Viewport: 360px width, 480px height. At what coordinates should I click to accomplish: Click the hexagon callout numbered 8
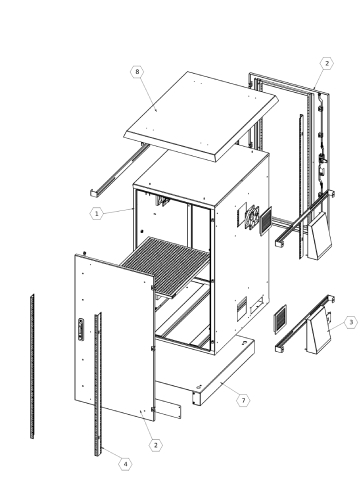137,72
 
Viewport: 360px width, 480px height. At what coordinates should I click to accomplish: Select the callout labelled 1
97,213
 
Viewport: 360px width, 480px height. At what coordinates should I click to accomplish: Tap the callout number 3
351,322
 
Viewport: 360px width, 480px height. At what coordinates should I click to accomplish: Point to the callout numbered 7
243,400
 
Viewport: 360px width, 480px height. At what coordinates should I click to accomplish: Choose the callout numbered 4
125,464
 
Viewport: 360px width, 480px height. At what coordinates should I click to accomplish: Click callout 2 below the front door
156,445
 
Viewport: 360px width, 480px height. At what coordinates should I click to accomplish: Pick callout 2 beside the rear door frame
327,63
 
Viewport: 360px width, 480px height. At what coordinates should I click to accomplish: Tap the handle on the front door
81,330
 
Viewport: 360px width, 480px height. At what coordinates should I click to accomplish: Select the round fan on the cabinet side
252,217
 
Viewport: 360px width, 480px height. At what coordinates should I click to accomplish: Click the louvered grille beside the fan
266,221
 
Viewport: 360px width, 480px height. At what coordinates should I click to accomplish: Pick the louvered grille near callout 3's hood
281,319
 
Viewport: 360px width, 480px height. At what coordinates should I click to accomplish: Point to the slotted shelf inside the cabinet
165,266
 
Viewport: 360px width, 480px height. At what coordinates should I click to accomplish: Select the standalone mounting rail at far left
32,366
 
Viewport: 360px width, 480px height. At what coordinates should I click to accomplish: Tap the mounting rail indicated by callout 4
98,384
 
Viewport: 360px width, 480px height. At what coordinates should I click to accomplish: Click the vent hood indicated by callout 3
318,331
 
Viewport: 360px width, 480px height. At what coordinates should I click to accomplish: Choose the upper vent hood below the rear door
319,236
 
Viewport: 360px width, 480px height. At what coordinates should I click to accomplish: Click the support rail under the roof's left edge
118,170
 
